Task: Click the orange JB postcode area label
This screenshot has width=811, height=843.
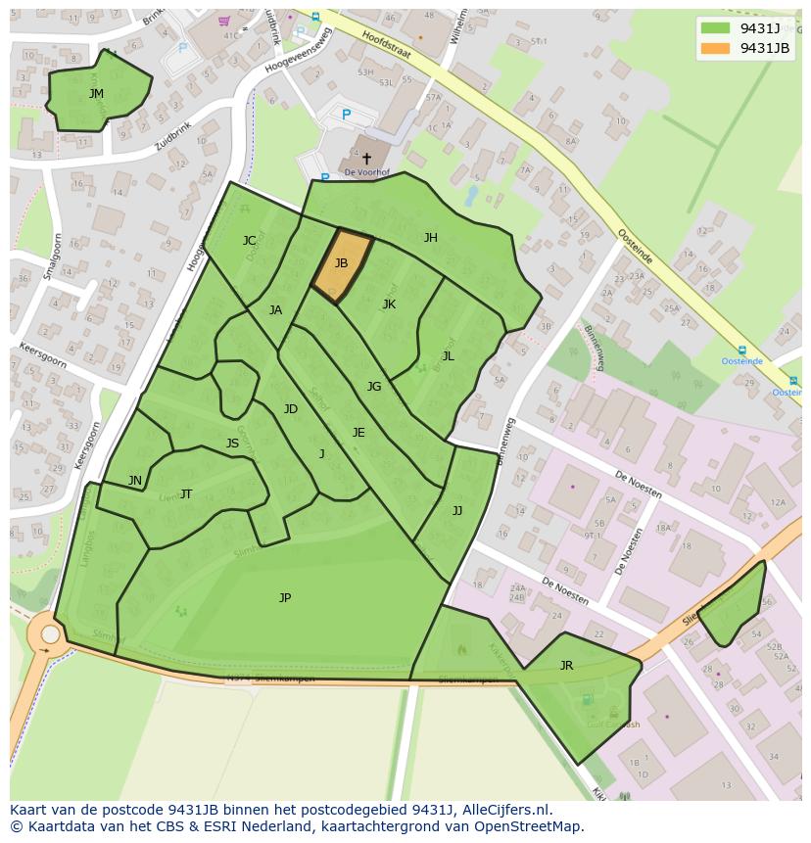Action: [x=341, y=263]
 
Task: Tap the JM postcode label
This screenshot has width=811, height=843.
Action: [x=96, y=94]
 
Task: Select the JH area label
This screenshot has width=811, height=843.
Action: [x=430, y=238]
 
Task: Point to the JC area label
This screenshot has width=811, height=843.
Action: [x=249, y=241]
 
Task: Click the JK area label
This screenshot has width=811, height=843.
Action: [x=389, y=304]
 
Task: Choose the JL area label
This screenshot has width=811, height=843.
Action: [x=448, y=356]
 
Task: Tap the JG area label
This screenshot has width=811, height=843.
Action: [x=373, y=387]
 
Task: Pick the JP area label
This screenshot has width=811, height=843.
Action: [x=285, y=597]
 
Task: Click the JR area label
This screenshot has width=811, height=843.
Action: [x=566, y=666]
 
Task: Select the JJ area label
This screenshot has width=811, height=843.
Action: [x=456, y=511]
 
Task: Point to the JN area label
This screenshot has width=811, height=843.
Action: [x=135, y=481]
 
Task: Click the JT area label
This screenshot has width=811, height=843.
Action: [x=186, y=494]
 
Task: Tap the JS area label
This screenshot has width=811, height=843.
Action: [x=232, y=444]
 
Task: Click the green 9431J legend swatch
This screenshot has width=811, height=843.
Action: [x=715, y=28]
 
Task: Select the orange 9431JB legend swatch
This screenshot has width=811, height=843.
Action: [x=715, y=48]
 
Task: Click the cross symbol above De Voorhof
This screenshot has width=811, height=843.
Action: [x=366, y=158]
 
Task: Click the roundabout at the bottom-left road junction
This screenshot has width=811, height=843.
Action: [x=46, y=636]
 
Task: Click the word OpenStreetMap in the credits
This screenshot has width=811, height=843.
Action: [x=528, y=826]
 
